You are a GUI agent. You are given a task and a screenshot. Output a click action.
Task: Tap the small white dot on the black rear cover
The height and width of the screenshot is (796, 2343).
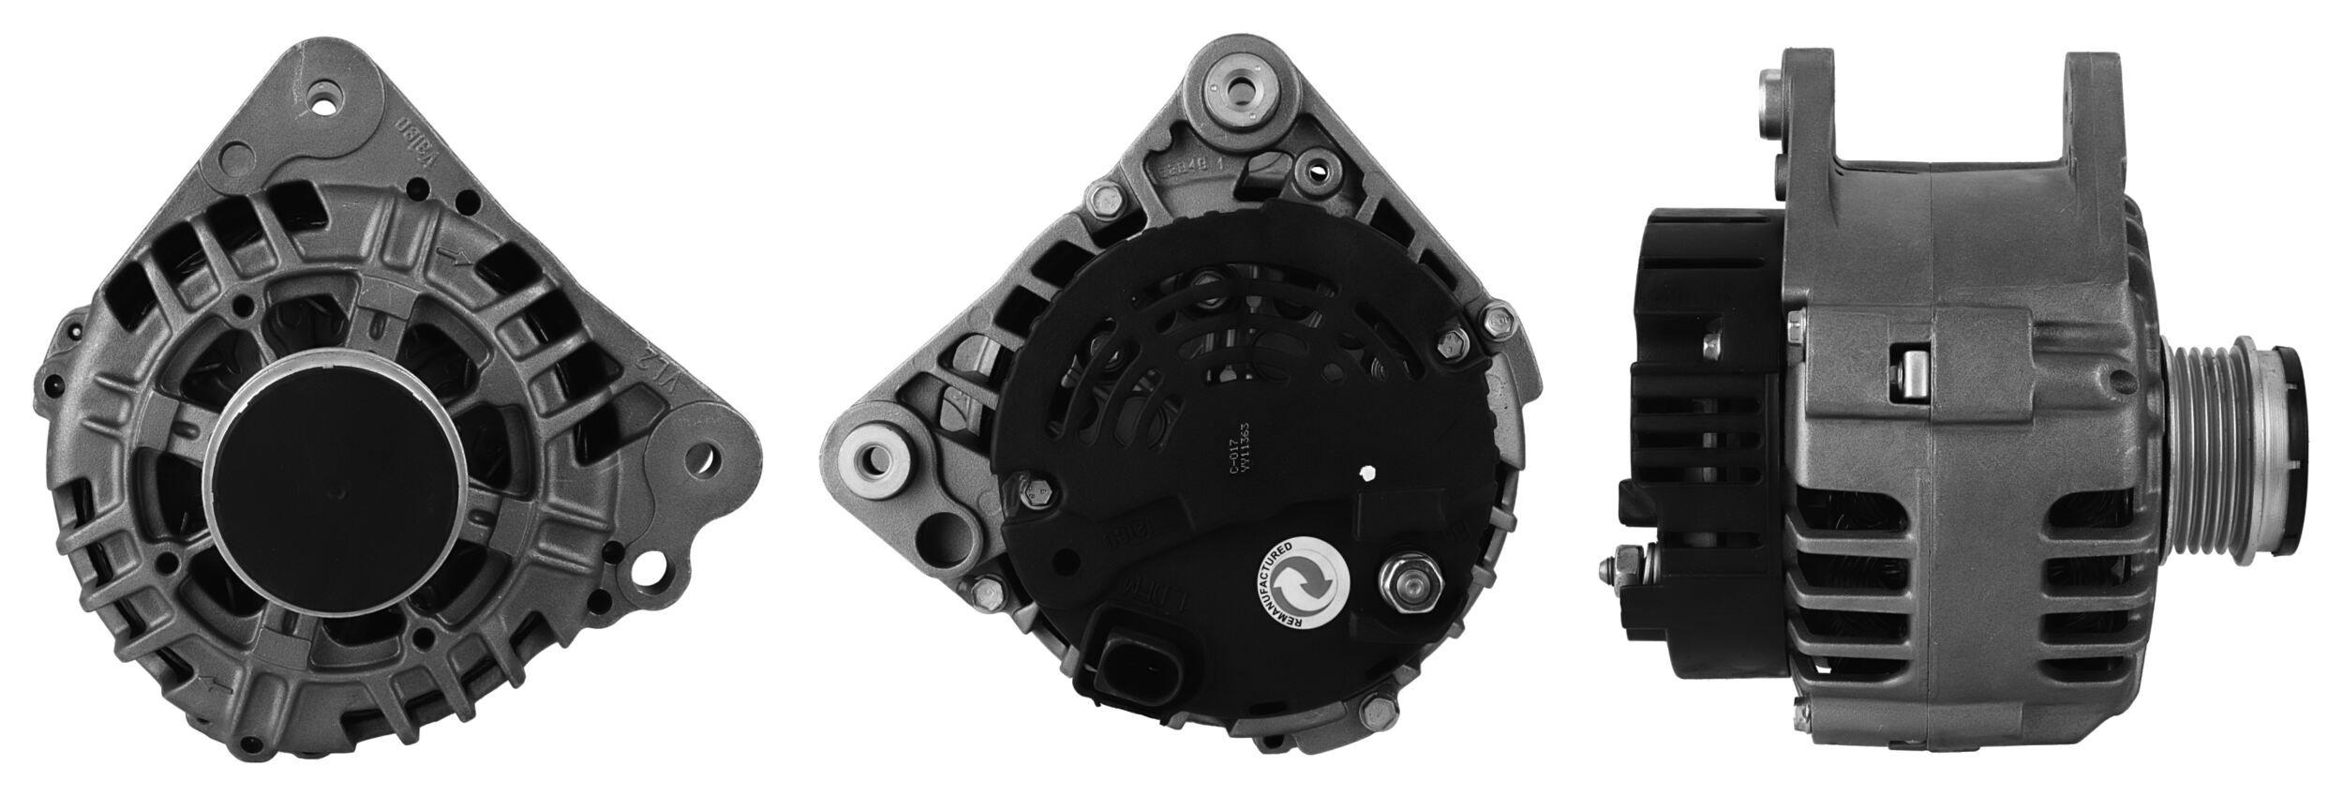click(x=1371, y=474)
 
